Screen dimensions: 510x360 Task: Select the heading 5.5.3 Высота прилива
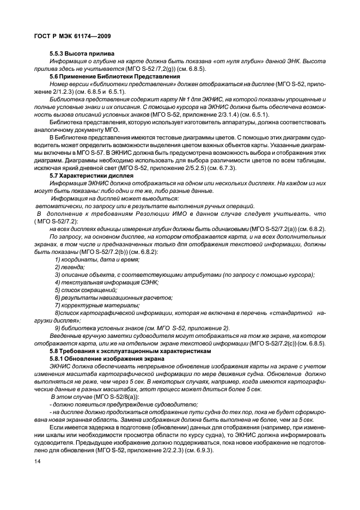81,53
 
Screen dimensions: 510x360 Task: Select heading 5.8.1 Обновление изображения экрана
101,360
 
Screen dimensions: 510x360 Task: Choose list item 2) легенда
70,268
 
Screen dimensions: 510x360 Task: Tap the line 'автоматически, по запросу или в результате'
144,207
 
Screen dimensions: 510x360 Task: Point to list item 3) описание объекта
185,275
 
